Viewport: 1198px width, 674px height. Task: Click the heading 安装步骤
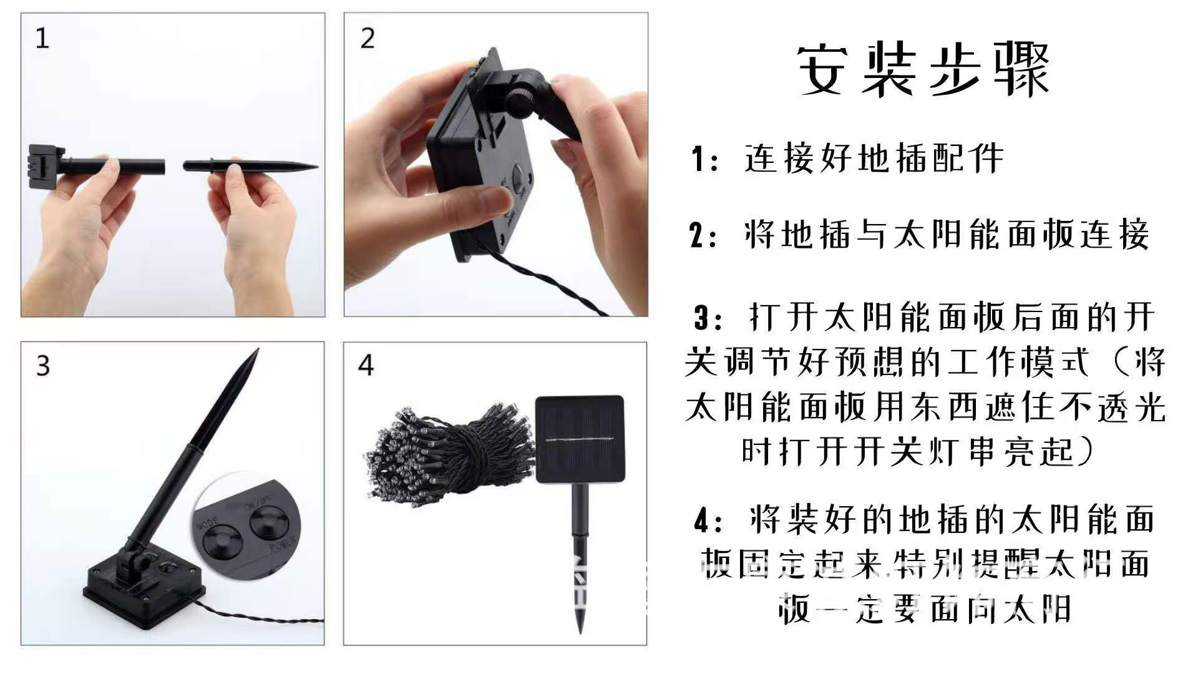pos(923,70)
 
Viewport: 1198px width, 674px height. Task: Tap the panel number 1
pos(42,39)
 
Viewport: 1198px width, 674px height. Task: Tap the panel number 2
pos(368,39)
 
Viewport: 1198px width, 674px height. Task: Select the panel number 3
pos(42,366)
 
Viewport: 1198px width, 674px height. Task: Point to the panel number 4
pos(366,366)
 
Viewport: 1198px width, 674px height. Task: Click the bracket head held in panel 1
pos(46,164)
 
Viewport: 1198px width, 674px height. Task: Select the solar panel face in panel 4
pos(580,439)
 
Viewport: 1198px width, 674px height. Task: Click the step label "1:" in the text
pos(704,159)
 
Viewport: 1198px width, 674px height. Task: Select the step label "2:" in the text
pos(704,236)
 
